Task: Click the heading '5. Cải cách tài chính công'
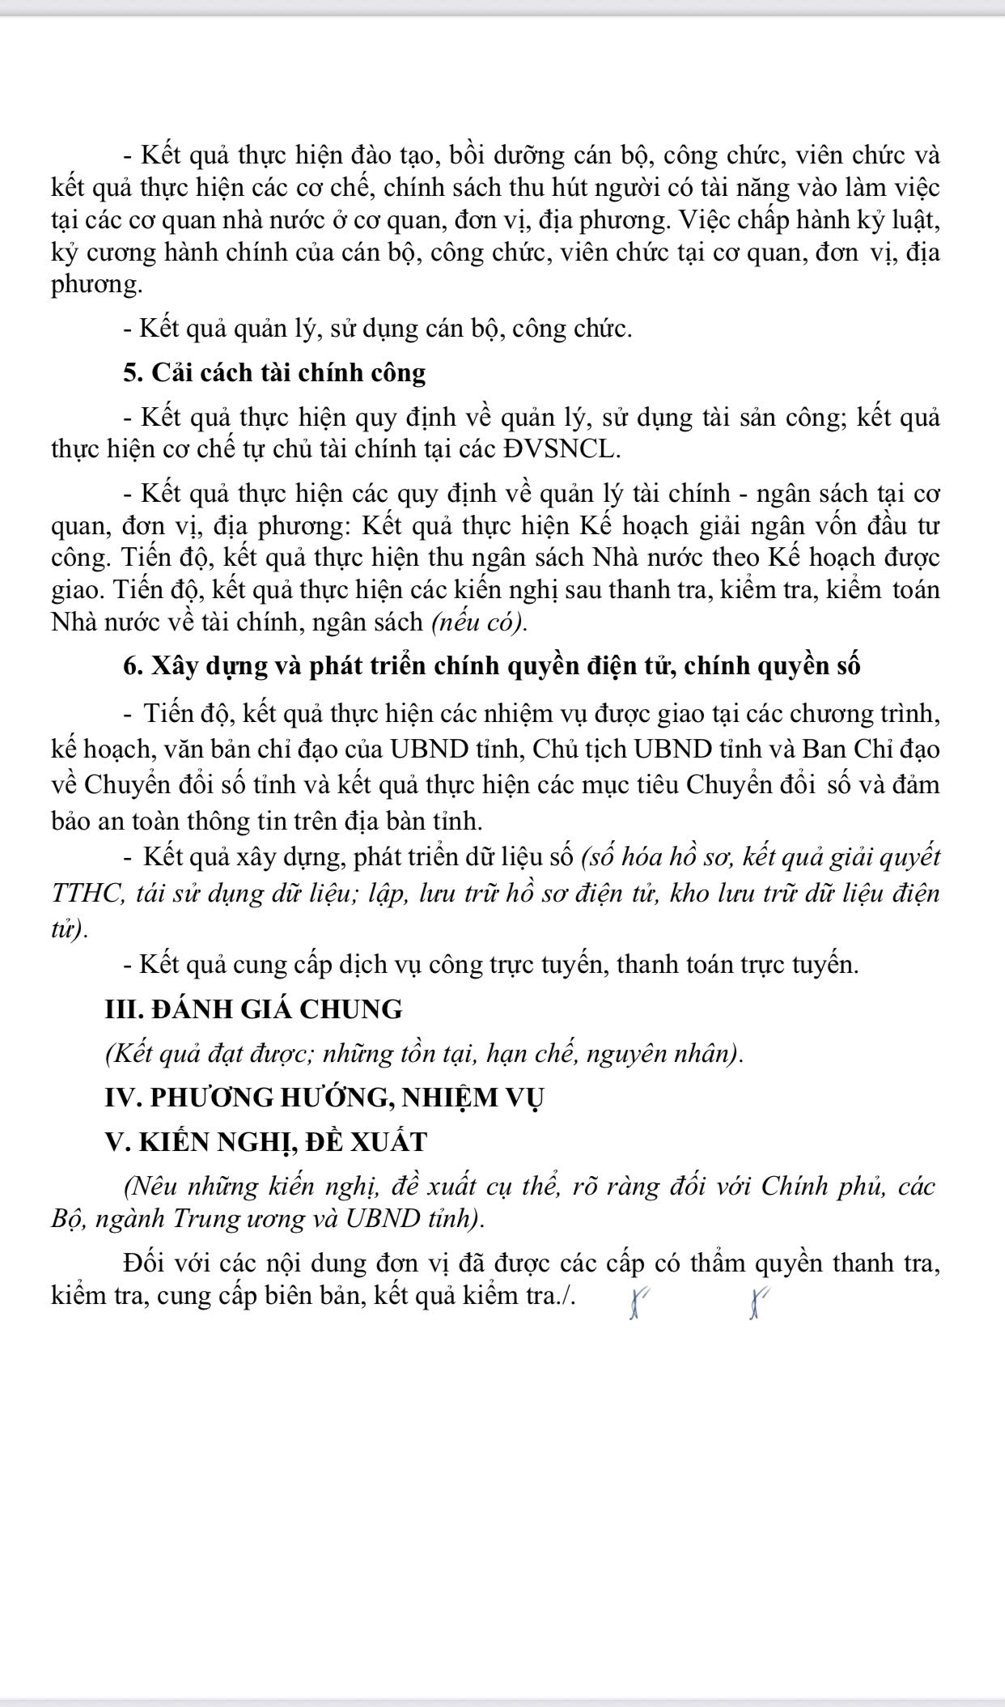[274, 373]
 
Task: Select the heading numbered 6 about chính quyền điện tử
[492, 665]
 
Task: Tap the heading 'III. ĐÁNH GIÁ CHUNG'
[253, 1009]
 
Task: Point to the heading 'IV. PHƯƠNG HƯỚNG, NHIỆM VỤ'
[324, 1098]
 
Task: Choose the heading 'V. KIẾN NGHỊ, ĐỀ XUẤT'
[265, 1142]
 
